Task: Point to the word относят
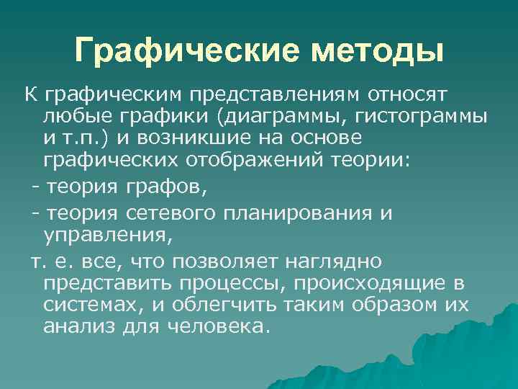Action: click(407, 94)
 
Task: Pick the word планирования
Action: click(296, 214)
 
